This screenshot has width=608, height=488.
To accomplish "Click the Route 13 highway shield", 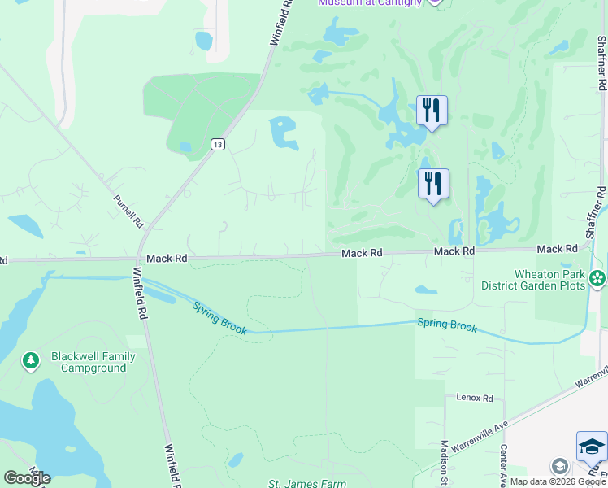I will [216, 144].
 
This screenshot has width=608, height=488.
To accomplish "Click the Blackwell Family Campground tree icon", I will [31, 360].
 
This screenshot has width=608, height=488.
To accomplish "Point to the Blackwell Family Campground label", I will [89, 362].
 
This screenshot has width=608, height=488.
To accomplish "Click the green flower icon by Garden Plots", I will [597, 279].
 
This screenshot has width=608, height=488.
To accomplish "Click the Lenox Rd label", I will [475, 398].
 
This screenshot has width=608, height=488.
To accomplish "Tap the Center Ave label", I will [504, 460].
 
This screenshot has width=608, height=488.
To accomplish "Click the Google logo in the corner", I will [27, 478].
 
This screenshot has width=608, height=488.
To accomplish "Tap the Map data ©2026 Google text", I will [558, 481].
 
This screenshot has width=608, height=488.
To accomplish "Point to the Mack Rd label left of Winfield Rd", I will [167, 258].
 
